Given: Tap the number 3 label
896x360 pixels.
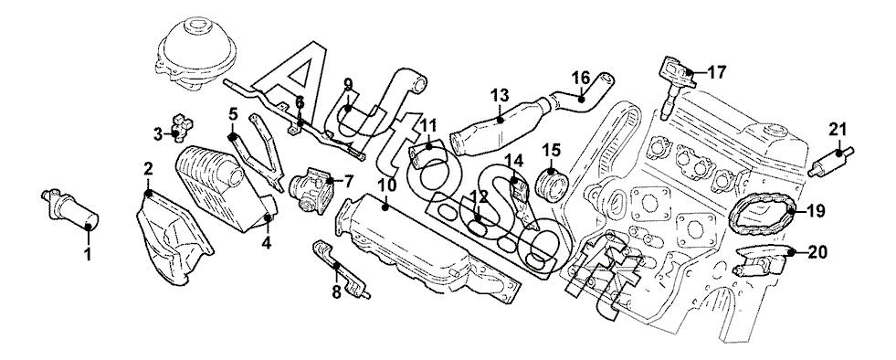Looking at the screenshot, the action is [x=158, y=135].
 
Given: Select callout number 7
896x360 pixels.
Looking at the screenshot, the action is [x=349, y=182].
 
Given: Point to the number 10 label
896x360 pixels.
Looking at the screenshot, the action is [x=387, y=185].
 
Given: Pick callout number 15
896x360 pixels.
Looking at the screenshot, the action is [x=552, y=150].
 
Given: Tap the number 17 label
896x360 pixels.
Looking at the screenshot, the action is [x=717, y=72].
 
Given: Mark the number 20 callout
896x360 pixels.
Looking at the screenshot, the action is [x=817, y=252].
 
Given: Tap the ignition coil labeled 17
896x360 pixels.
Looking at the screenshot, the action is [x=676, y=86].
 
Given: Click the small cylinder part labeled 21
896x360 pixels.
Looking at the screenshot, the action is [x=831, y=162].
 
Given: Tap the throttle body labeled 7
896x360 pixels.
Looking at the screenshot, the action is [x=312, y=187].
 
